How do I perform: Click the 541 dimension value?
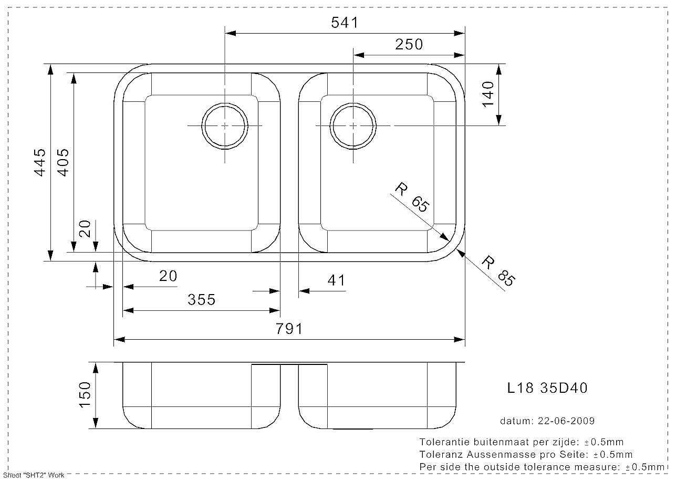click(345, 23)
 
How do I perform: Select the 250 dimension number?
click(409, 45)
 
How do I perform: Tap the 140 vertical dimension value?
click(488, 94)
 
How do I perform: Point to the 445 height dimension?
click(40, 162)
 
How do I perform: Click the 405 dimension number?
click(64, 162)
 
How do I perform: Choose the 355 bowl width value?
click(202, 300)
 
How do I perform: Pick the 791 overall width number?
click(289, 329)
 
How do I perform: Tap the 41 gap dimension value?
click(336, 280)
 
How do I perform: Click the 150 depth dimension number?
click(85, 395)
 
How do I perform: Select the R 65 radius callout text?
click(412, 197)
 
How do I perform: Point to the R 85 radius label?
click(498, 271)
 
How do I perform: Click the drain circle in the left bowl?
click(225, 103)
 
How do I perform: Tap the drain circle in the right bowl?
click(353, 103)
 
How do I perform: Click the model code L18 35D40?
click(547, 388)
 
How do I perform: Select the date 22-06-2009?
click(566, 421)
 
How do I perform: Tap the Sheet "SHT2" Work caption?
click(34, 475)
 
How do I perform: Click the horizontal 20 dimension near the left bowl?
click(168, 276)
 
